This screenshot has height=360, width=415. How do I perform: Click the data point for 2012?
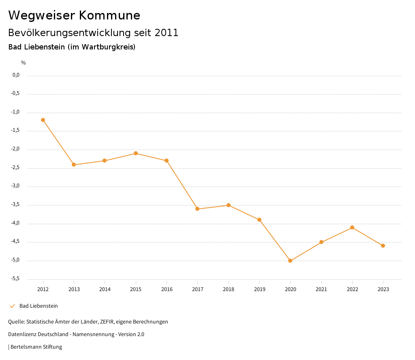pyautogui.click(x=43, y=120)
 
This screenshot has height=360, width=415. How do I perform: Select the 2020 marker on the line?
pyautogui.click(x=290, y=261)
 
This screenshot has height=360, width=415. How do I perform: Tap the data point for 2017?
pyautogui.click(x=197, y=209)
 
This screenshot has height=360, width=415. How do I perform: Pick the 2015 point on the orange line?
pyautogui.click(x=136, y=153)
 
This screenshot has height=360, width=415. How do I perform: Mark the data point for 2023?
pyautogui.click(x=383, y=246)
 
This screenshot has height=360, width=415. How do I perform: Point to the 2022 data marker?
pyautogui.click(x=352, y=227)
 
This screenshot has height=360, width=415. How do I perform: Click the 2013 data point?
pyautogui.click(x=74, y=165)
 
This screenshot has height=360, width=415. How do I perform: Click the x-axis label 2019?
pyautogui.click(x=259, y=289)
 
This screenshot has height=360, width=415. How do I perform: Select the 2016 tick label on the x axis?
pyautogui.click(x=167, y=289)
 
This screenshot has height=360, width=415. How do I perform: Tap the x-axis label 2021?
pyautogui.click(x=321, y=289)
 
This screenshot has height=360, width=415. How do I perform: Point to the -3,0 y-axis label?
pyautogui.click(x=16, y=186)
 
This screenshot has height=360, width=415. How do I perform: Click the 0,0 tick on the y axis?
pyautogui.click(x=16, y=75)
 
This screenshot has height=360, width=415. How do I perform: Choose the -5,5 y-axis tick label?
pyautogui.click(x=16, y=279)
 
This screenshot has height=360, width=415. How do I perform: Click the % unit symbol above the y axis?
pyautogui.click(x=24, y=63)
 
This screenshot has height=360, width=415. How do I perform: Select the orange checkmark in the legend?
pyautogui.click(x=12, y=306)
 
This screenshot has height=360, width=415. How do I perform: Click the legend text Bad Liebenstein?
pyautogui.click(x=39, y=306)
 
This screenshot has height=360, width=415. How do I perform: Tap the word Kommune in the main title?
pyautogui.click(x=109, y=15)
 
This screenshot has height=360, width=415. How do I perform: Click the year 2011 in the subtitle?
pyautogui.click(x=167, y=33)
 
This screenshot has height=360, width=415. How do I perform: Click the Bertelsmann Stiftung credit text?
pyautogui.click(x=36, y=347)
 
